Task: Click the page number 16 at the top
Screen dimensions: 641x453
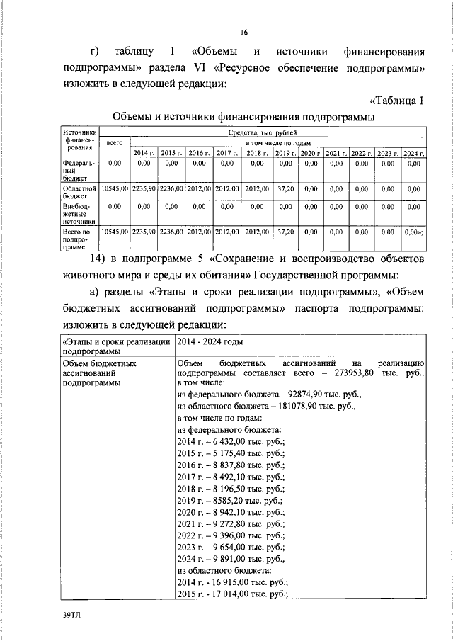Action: (243, 33)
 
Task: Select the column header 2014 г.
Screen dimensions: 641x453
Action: (143, 153)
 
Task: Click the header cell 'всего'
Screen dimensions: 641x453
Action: (114, 143)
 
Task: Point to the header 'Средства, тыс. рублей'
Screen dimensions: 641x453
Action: (263, 133)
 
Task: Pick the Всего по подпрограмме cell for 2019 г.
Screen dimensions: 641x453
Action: (286, 231)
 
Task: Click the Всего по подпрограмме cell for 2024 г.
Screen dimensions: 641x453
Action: (413, 231)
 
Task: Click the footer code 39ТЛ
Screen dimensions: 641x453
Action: (72, 617)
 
